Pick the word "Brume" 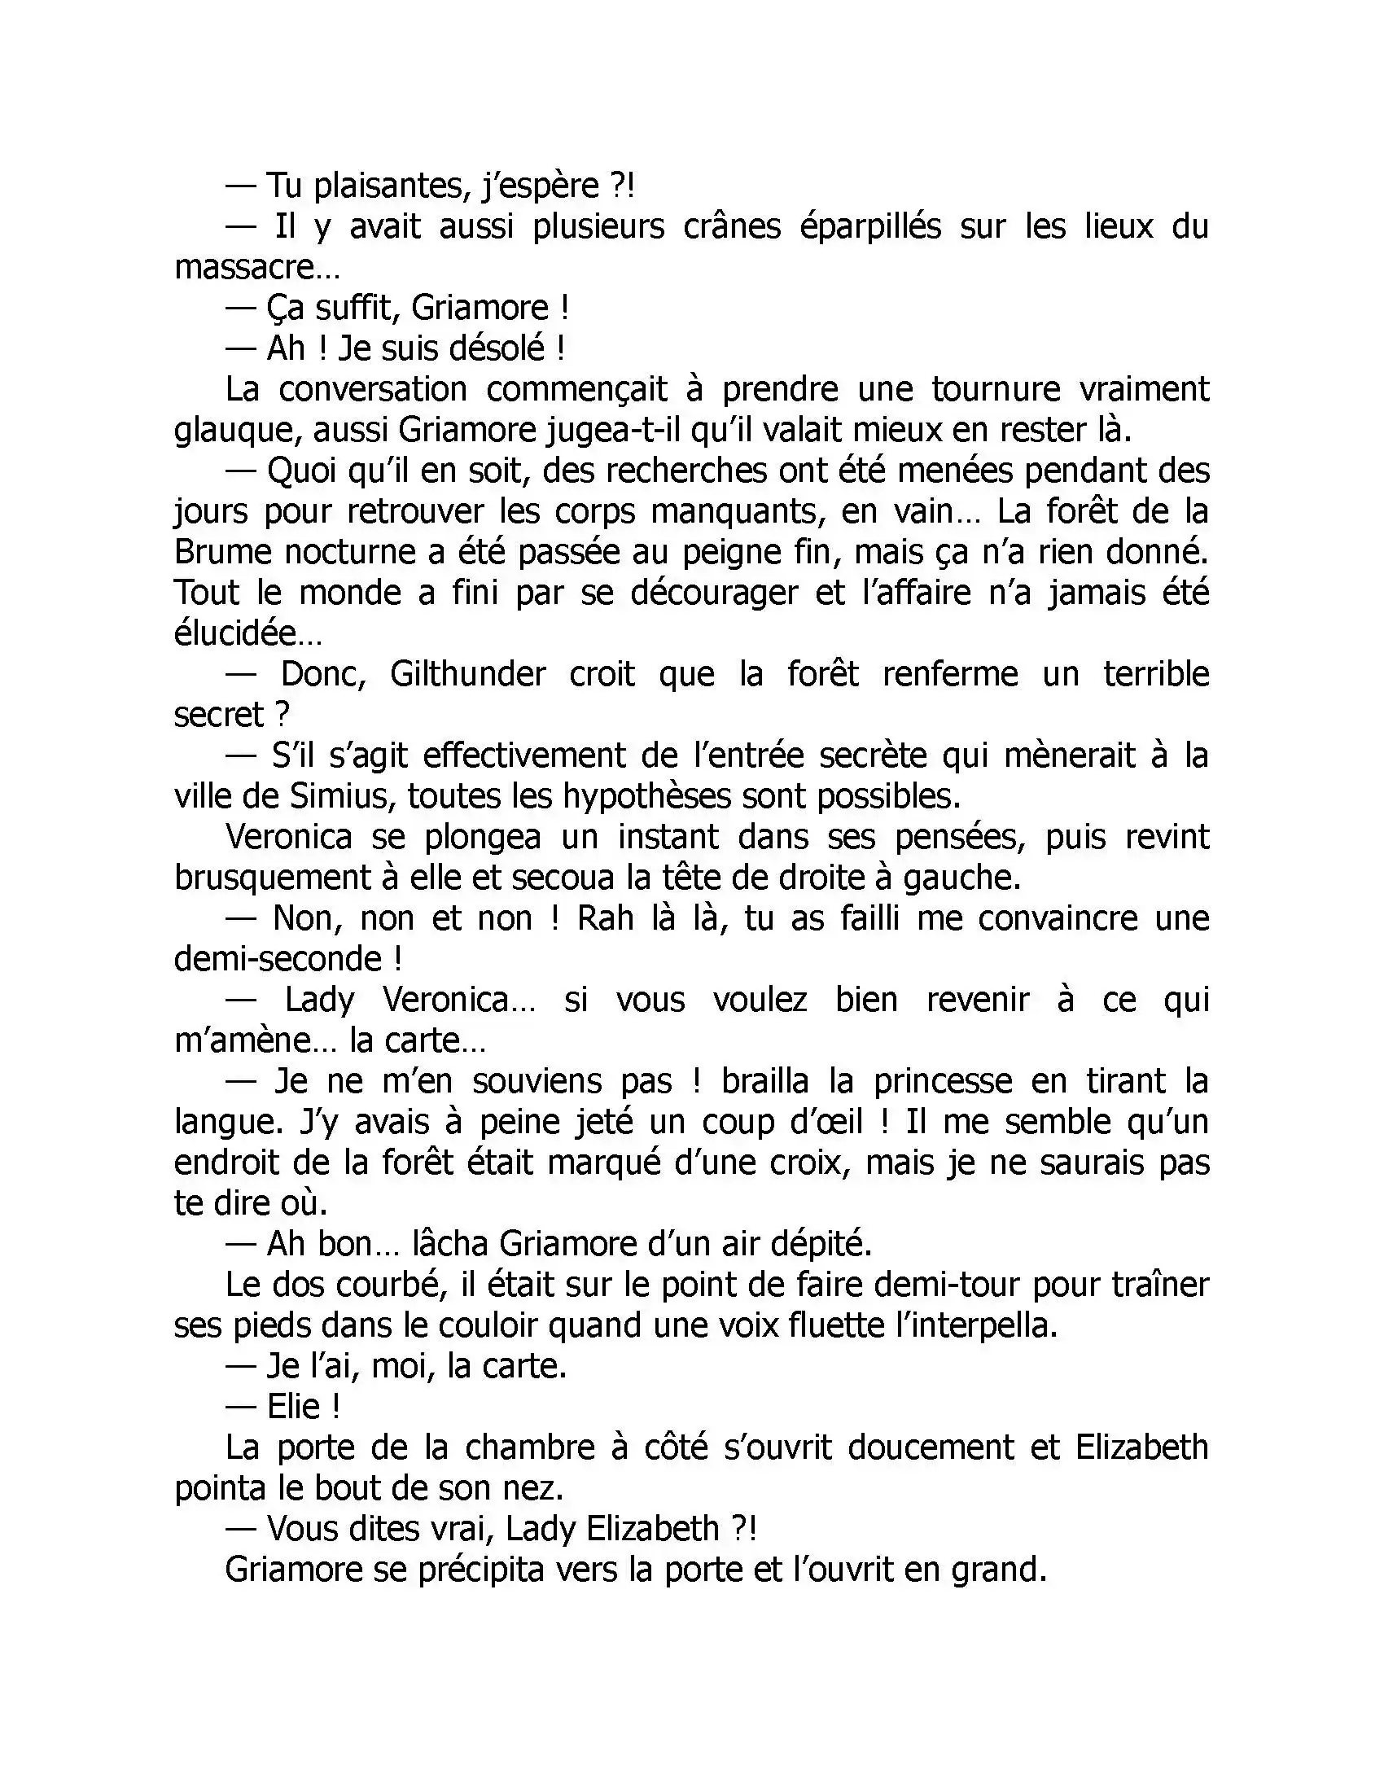click(221, 552)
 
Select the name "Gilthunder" click(467, 674)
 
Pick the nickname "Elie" click(294, 1407)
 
